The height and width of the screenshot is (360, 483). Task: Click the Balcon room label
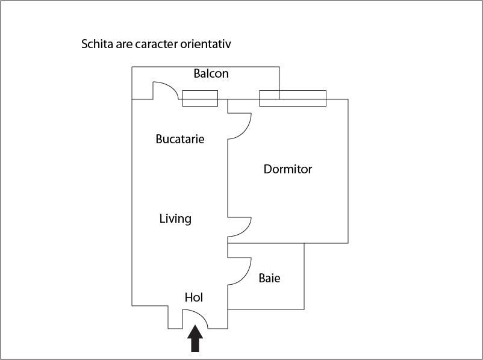coord(211,74)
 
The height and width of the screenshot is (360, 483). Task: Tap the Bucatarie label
coord(180,139)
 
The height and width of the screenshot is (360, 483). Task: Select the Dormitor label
coord(288,169)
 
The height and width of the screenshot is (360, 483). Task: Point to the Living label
coord(175,219)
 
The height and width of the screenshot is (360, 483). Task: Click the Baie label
coord(269,279)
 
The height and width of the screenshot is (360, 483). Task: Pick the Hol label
coord(193,297)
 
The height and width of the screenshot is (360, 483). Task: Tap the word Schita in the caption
coord(98,45)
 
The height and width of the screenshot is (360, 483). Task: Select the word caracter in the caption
coord(157,45)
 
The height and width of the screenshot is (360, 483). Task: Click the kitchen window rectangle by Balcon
coord(200,98)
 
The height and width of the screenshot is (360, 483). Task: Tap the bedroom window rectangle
coord(293,98)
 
